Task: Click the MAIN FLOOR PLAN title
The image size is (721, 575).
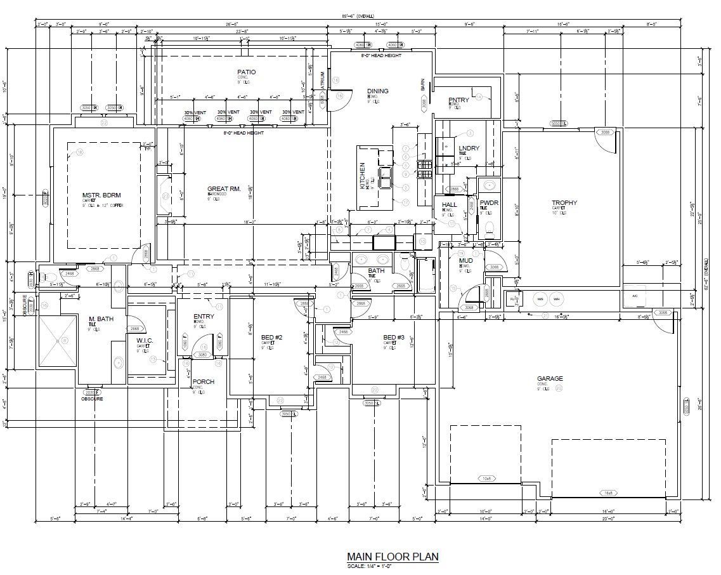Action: click(x=392, y=557)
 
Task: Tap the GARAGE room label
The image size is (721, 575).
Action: click(x=550, y=379)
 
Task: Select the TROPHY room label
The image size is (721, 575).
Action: click(x=564, y=203)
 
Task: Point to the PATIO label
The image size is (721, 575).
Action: click(x=246, y=72)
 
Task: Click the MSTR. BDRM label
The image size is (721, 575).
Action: click(x=101, y=195)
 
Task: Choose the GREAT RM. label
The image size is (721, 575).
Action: click(x=224, y=189)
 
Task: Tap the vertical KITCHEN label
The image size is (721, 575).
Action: click(x=363, y=176)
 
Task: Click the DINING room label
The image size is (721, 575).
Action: click(x=377, y=91)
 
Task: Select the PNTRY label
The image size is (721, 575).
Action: click(x=458, y=100)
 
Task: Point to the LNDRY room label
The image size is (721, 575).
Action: click(x=469, y=149)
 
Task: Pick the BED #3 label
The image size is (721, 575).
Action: click(x=393, y=337)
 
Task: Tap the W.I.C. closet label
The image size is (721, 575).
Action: click(x=145, y=341)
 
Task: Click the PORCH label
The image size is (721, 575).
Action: click(x=203, y=382)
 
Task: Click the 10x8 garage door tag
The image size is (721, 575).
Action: click(x=486, y=478)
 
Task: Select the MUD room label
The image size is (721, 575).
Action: click(x=466, y=260)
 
